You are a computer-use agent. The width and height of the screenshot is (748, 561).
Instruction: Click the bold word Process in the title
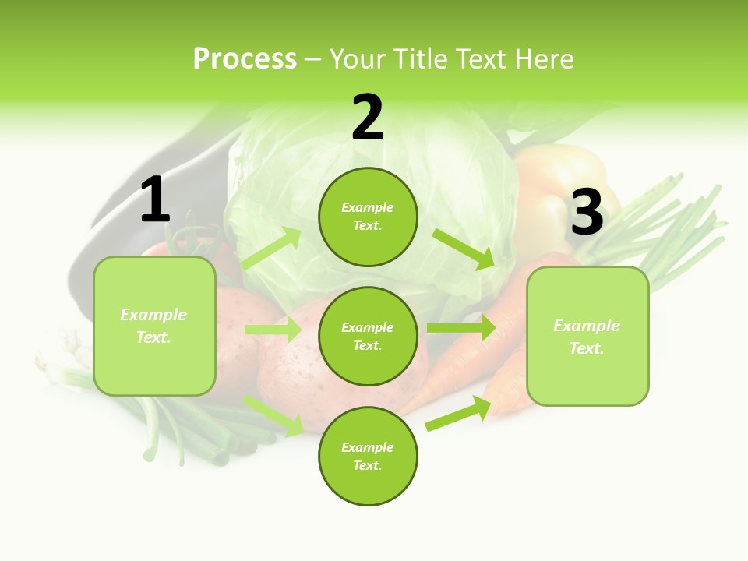point(245,59)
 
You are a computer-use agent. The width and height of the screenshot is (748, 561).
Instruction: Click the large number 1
point(155,200)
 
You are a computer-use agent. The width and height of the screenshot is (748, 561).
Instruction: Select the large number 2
point(368,118)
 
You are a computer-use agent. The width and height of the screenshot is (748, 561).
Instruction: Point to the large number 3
point(587,212)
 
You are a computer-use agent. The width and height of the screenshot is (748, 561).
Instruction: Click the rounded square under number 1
point(154,326)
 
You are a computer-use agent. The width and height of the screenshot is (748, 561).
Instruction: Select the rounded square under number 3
point(587,337)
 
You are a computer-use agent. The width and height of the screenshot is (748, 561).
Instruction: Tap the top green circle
point(368,217)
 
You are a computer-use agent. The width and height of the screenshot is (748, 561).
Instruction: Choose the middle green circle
point(368,336)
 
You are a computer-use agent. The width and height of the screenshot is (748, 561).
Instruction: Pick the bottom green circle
point(368,456)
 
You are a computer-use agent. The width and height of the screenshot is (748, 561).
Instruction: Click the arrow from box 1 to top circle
point(271,249)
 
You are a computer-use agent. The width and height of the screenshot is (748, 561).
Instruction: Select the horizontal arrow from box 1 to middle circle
point(273,330)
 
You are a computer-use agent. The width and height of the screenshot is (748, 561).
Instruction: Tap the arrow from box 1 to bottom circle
point(274,415)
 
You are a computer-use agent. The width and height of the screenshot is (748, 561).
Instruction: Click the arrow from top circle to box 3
point(464,249)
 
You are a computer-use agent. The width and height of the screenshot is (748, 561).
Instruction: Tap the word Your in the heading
point(356,59)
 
